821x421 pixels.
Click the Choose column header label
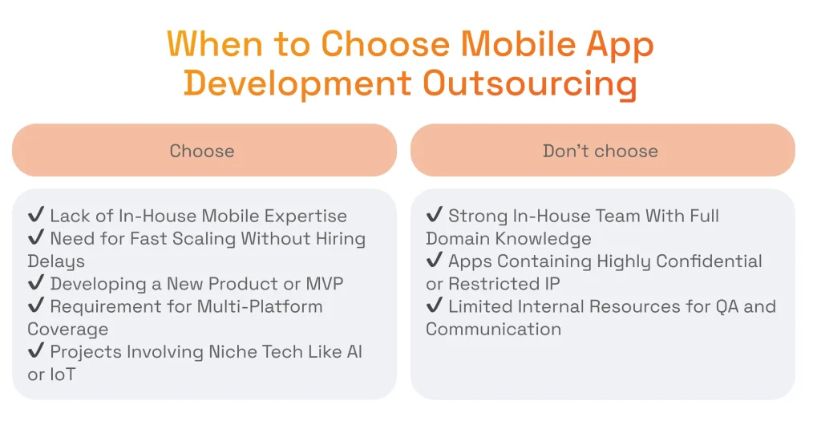click(x=202, y=151)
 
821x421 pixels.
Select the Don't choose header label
click(x=601, y=151)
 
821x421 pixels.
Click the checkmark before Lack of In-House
click(x=35, y=216)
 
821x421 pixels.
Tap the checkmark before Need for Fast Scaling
click(x=35, y=238)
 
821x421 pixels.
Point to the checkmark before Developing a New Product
click(x=35, y=284)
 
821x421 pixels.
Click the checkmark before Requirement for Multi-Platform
click(x=35, y=306)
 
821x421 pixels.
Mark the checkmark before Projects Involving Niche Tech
click(x=35, y=352)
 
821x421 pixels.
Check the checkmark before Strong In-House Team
click(x=434, y=216)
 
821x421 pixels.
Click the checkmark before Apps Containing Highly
click(x=434, y=261)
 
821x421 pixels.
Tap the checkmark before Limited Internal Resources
click(x=434, y=306)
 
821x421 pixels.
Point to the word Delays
click(x=56, y=261)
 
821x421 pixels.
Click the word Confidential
click(x=708, y=261)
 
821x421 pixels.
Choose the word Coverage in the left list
click(x=67, y=330)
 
